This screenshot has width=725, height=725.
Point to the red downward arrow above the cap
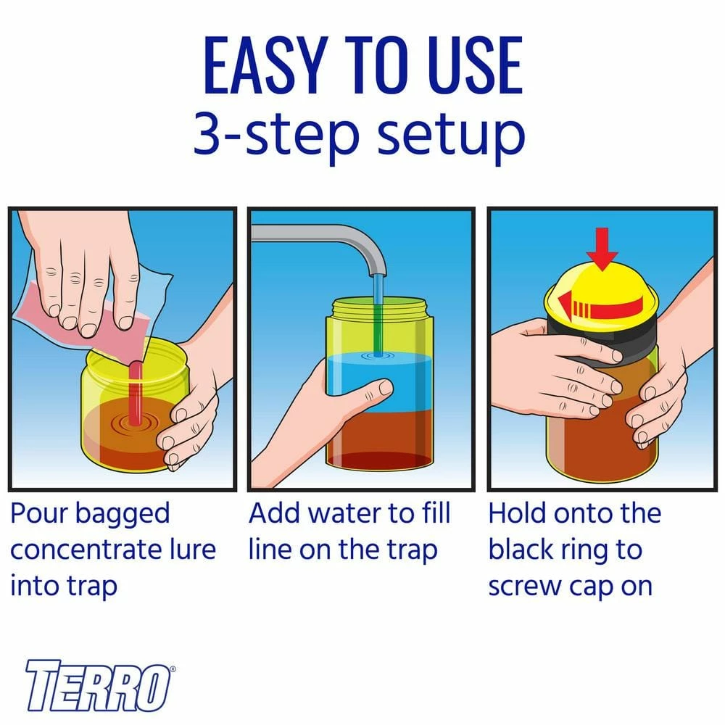click(x=602, y=248)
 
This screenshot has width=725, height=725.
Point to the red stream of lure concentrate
click(x=135, y=392)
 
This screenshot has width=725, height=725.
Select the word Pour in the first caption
click(x=39, y=513)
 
